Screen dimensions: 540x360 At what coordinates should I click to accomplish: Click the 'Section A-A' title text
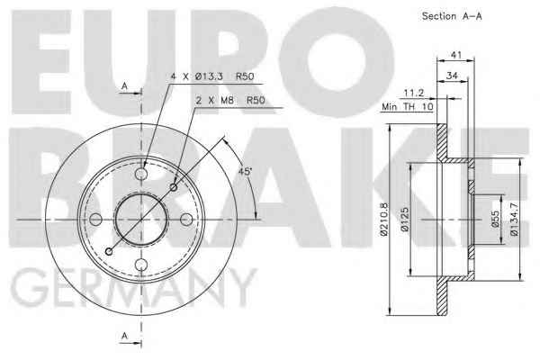pos(452,16)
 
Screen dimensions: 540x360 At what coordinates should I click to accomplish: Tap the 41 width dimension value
pos(456,55)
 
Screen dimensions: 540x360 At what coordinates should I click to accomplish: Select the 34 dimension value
pos(452,76)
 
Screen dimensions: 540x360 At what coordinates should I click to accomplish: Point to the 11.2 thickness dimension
pos(413,93)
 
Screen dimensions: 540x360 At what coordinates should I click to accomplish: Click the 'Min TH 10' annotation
pos(407,107)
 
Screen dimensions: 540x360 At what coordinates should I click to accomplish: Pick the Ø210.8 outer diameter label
pos(384,220)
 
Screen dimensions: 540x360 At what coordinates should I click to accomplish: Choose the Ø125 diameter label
pos(405,220)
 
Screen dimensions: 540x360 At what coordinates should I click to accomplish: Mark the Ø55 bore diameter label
pos(495,220)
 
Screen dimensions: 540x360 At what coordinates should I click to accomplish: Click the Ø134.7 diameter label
pos(514,220)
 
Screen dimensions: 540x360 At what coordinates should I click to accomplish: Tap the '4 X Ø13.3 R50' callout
pos(212,76)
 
